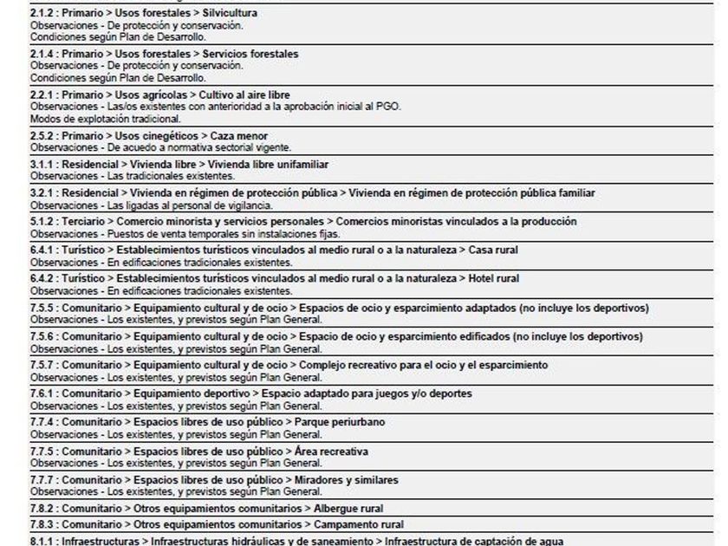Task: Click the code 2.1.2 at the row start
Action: pyautogui.click(x=42, y=14)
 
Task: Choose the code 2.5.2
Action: pyautogui.click(x=42, y=136)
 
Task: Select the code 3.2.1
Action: pyautogui.click(x=42, y=192)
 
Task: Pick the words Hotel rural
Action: pyautogui.click(x=494, y=278)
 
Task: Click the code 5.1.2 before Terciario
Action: pyautogui.click(x=42, y=222)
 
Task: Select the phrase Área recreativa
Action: pyautogui.click(x=332, y=452)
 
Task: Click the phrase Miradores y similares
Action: pyautogui.click(x=348, y=480)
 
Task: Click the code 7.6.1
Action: pyautogui.click(x=42, y=393)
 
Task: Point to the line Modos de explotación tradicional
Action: pyautogui.click(x=106, y=119)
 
